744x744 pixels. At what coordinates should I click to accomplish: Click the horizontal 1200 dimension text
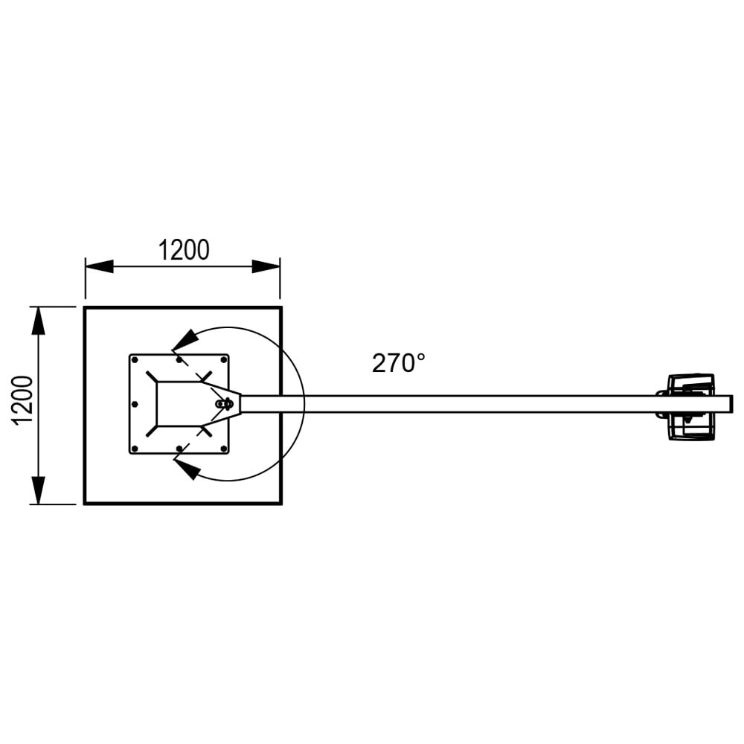click(x=183, y=251)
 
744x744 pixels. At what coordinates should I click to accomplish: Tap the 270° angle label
click(x=399, y=363)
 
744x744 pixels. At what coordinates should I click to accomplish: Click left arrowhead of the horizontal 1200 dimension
click(x=99, y=266)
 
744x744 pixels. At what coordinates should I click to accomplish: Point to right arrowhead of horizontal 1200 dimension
click(x=266, y=266)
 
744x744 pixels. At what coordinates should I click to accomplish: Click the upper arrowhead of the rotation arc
click(x=186, y=339)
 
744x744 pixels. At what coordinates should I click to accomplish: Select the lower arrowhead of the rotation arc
click(x=186, y=469)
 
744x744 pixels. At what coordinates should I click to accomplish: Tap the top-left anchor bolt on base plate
click(x=135, y=359)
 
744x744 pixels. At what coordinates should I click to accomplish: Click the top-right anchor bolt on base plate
click(x=223, y=359)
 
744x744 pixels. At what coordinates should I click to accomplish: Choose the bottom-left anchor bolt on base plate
click(x=135, y=449)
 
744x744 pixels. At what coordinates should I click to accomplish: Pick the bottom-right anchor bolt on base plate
click(x=223, y=449)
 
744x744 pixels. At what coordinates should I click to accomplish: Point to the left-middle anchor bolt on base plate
click(x=135, y=404)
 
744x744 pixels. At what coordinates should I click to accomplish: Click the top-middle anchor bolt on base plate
click(x=179, y=359)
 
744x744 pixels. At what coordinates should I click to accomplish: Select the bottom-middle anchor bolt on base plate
click(x=179, y=449)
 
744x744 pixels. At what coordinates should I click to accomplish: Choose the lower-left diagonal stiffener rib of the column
click(x=152, y=431)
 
